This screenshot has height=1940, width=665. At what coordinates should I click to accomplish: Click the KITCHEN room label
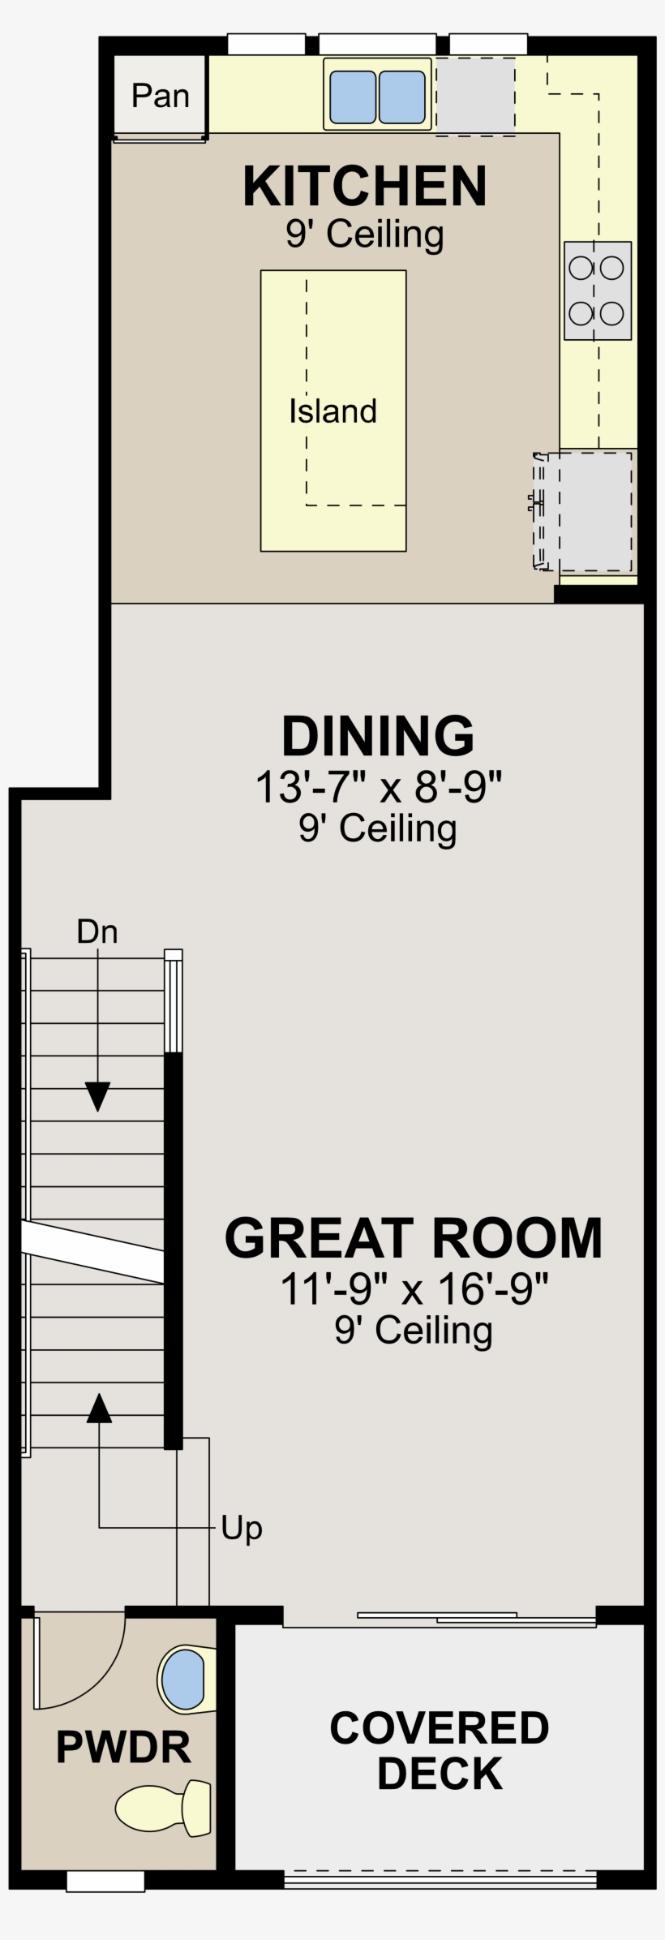(x=365, y=186)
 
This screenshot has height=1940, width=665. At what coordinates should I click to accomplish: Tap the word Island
(x=333, y=411)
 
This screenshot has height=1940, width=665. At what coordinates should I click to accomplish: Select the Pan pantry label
(x=161, y=96)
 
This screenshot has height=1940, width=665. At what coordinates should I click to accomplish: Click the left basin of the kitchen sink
(x=353, y=97)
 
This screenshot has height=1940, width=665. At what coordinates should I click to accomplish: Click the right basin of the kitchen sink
(x=402, y=97)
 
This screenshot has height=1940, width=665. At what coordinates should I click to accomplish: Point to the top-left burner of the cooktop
(x=581, y=267)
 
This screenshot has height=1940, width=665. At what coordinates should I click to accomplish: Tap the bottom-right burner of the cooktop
(x=612, y=312)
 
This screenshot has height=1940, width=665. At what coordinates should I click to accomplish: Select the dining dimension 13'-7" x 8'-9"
(x=379, y=786)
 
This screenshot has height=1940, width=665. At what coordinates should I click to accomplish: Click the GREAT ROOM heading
(x=414, y=1238)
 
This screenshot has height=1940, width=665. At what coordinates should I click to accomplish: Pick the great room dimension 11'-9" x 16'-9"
(x=414, y=1288)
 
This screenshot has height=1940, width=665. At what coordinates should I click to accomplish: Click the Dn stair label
(x=97, y=931)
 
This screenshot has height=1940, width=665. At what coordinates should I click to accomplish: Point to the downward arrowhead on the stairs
(x=98, y=1097)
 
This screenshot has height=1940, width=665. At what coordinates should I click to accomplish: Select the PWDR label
(x=123, y=1748)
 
